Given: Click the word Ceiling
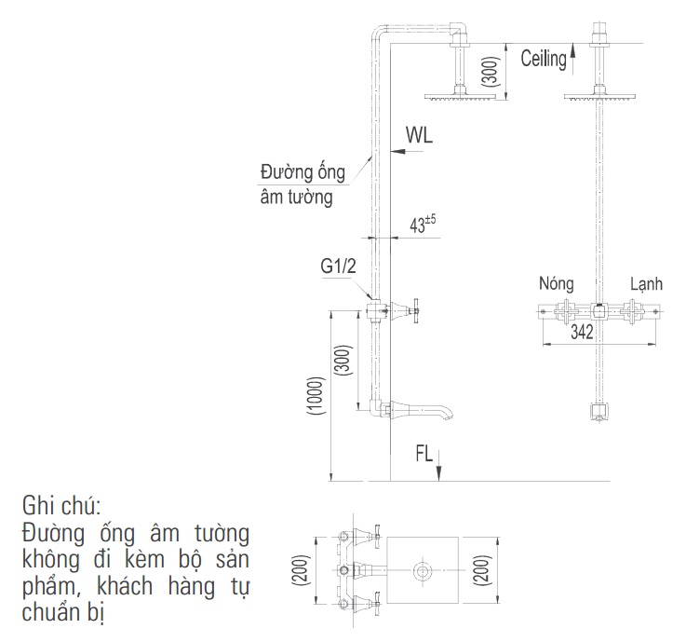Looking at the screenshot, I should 544,60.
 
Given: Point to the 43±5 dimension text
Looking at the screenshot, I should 424,225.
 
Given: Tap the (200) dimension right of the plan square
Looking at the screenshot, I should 481,569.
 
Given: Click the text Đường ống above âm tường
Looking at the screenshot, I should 303,173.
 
